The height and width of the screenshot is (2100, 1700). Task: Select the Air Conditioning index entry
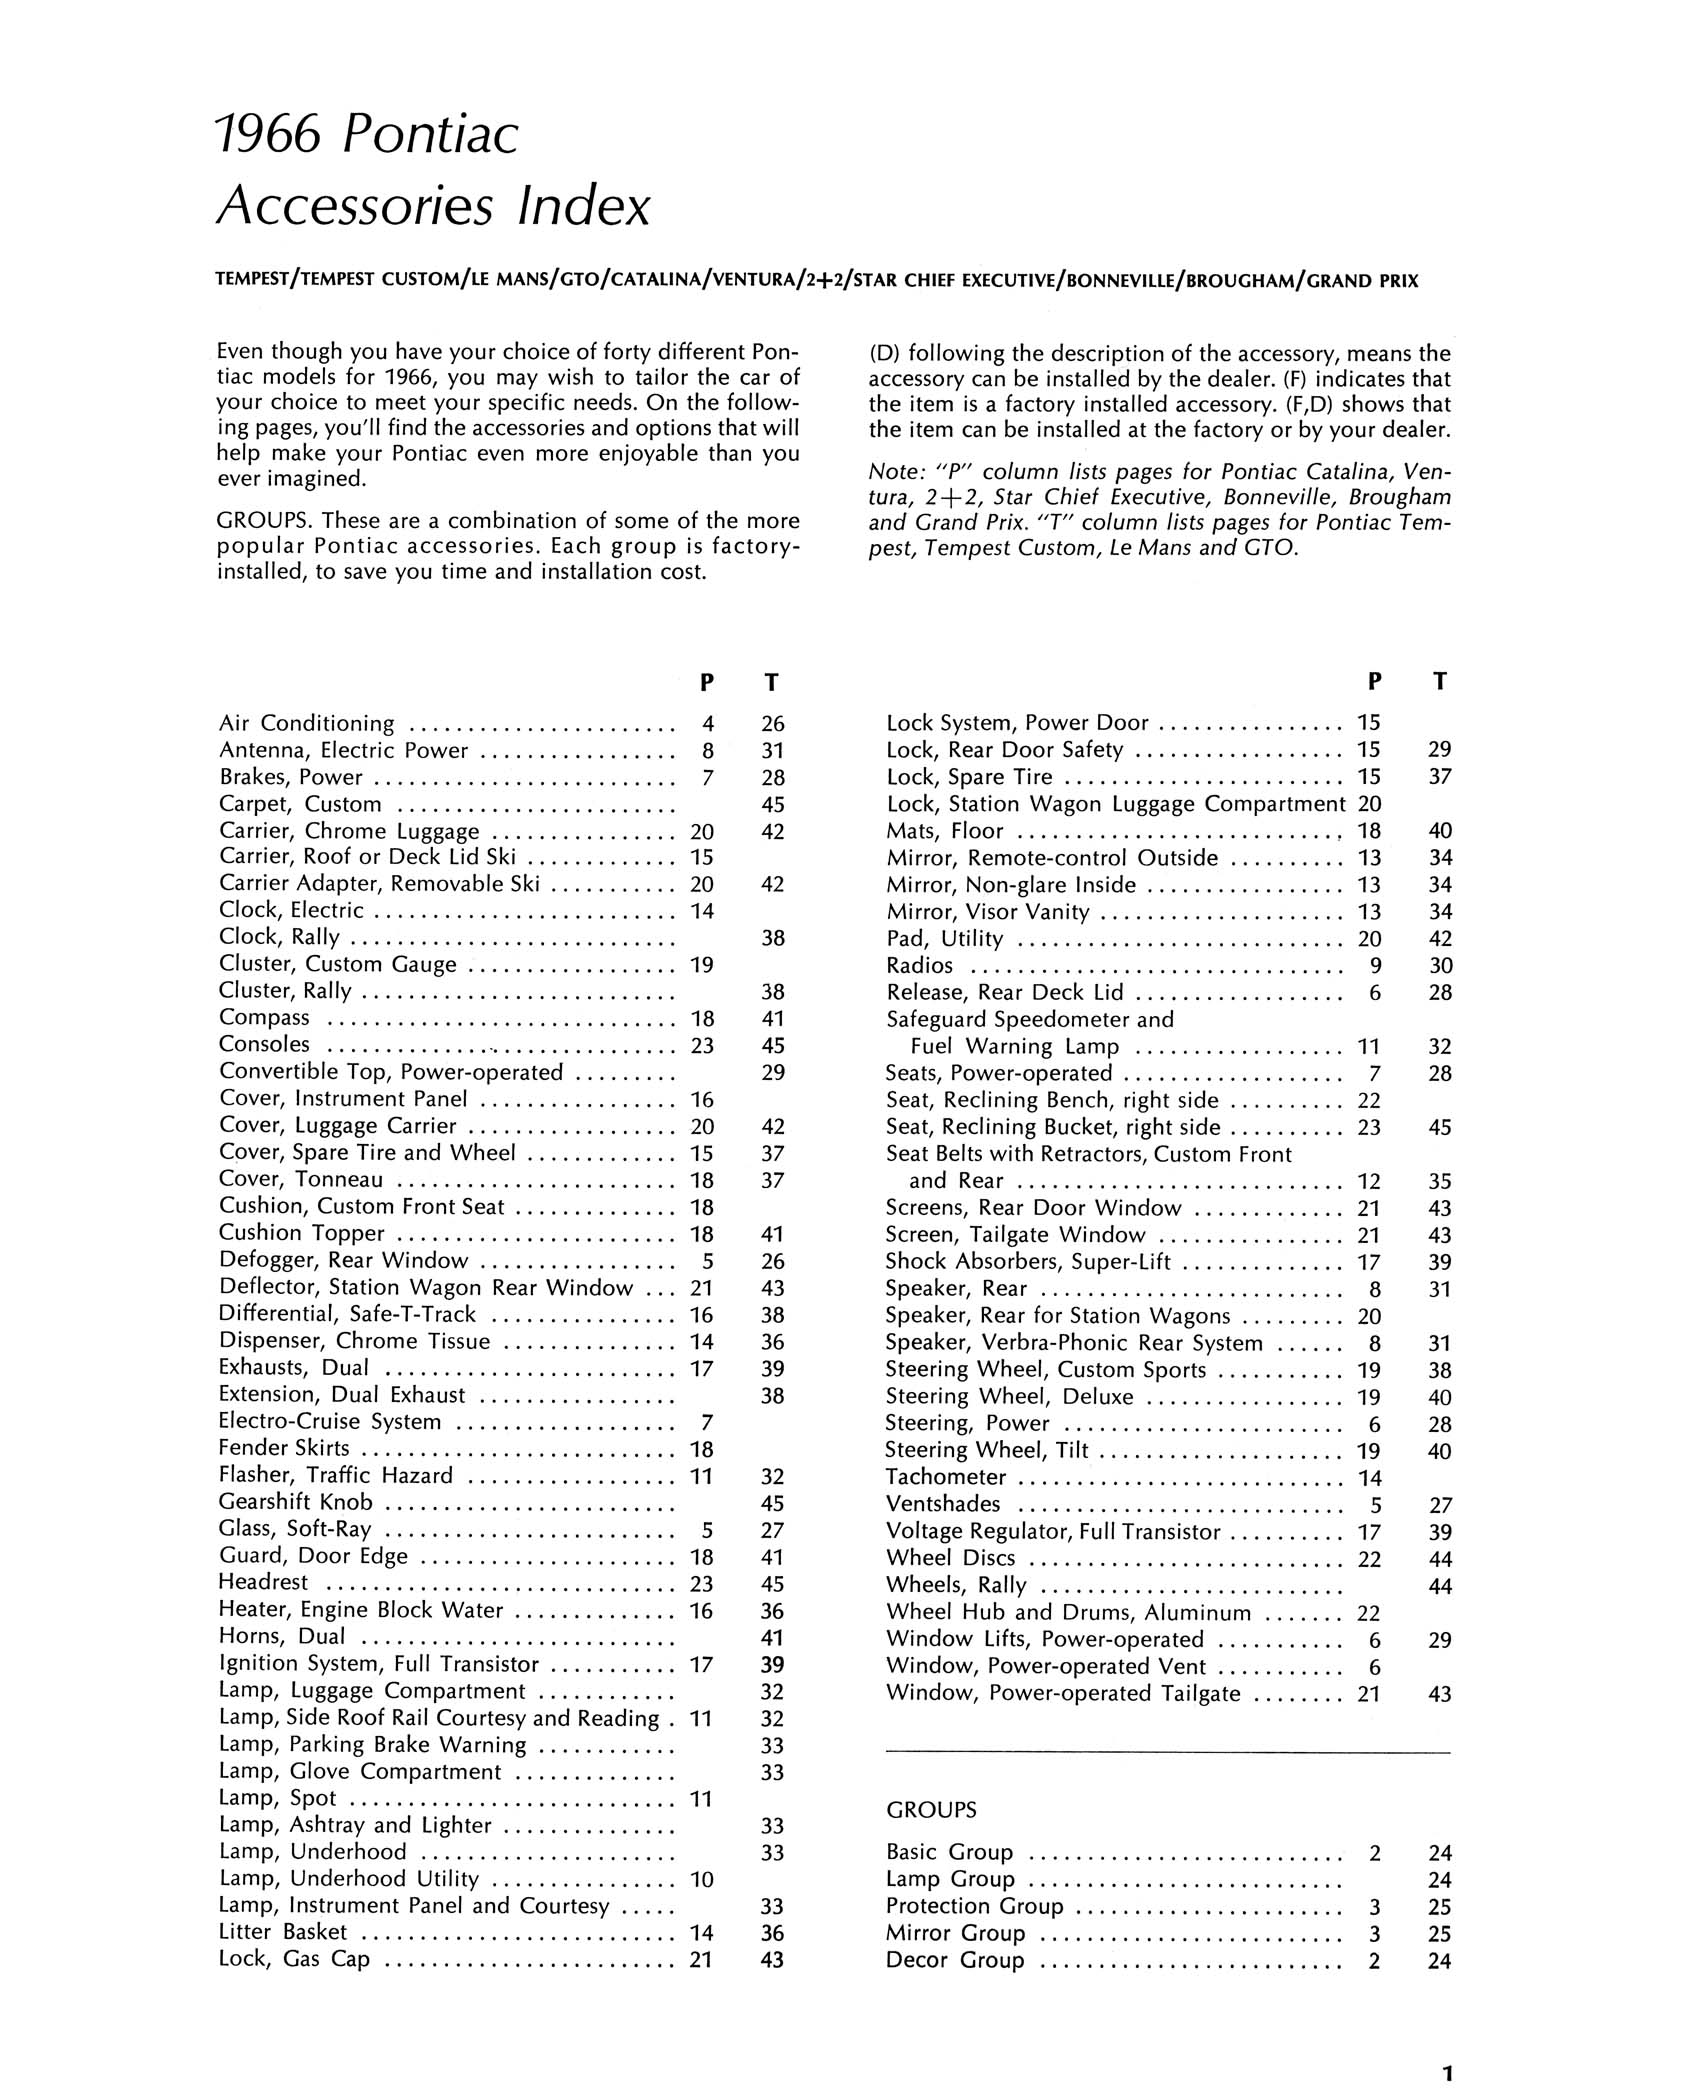(x=306, y=723)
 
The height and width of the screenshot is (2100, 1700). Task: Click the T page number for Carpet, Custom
(x=772, y=804)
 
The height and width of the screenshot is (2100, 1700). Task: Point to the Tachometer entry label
(x=945, y=1477)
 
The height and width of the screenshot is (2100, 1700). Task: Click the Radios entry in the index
(x=919, y=966)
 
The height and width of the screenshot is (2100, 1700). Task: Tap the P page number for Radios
(x=1375, y=966)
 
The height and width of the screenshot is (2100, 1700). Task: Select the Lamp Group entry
(x=950, y=1879)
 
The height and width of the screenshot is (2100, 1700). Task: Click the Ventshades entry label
(x=942, y=1504)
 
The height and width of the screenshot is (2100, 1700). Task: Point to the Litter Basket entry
(x=283, y=1933)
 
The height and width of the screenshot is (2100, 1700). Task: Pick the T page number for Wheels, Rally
(x=1439, y=1586)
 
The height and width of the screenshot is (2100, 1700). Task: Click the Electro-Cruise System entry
(x=329, y=1421)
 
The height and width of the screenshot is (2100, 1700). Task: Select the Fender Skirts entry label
(x=284, y=1448)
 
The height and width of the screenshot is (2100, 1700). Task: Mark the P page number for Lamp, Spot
(x=701, y=1799)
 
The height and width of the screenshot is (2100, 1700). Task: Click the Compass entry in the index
(x=264, y=1018)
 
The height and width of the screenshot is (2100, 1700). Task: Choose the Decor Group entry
(x=955, y=1960)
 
